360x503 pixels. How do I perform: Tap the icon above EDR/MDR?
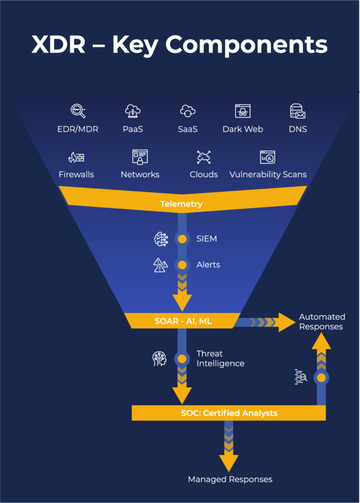tap(78, 111)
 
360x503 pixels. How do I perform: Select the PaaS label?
tap(133, 129)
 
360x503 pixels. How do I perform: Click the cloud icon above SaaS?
tap(187, 111)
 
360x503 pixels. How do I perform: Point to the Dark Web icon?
tap(243, 111)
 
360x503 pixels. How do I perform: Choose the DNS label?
tap(298, 129)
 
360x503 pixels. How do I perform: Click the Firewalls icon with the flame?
tap(76, 157)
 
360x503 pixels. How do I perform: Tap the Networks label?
tap(140, 175)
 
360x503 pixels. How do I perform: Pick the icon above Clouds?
tap(203, 157)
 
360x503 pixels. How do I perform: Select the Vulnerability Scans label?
tap(268, 175)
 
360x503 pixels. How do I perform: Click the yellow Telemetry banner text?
tap(181, 204)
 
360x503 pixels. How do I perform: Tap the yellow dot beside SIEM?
tap(182, 239)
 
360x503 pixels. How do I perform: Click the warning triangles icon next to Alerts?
tap(160, 265)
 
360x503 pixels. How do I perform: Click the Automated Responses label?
tap(322, 322)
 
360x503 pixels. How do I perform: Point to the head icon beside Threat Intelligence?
tap(160, 359)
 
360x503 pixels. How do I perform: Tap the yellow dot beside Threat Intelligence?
tap(182, 359)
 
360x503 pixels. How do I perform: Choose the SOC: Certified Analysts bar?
tap(229, 413)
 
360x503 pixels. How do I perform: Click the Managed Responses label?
tap(230, 479)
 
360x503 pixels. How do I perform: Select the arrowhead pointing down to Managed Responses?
tap(229, 461)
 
